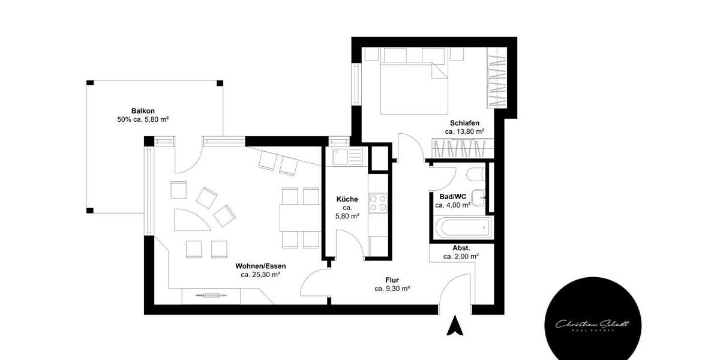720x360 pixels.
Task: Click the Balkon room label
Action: pos(143,111)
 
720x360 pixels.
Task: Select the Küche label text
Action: pos(347,199)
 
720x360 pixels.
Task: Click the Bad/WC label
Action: pos(452,197)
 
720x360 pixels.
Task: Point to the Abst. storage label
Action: pos(461,247)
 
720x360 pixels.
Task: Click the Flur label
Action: pos(392,280)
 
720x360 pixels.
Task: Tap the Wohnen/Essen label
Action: pos(260,266)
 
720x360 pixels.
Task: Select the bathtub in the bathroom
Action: pos(463,229)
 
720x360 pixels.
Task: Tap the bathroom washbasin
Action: pos(479,197)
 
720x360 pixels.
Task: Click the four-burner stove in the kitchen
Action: pos(379,202)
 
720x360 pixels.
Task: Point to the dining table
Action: pos(300,218)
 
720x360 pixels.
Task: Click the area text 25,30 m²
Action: pos(260,275)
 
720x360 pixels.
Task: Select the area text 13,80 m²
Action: pos(464,131)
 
